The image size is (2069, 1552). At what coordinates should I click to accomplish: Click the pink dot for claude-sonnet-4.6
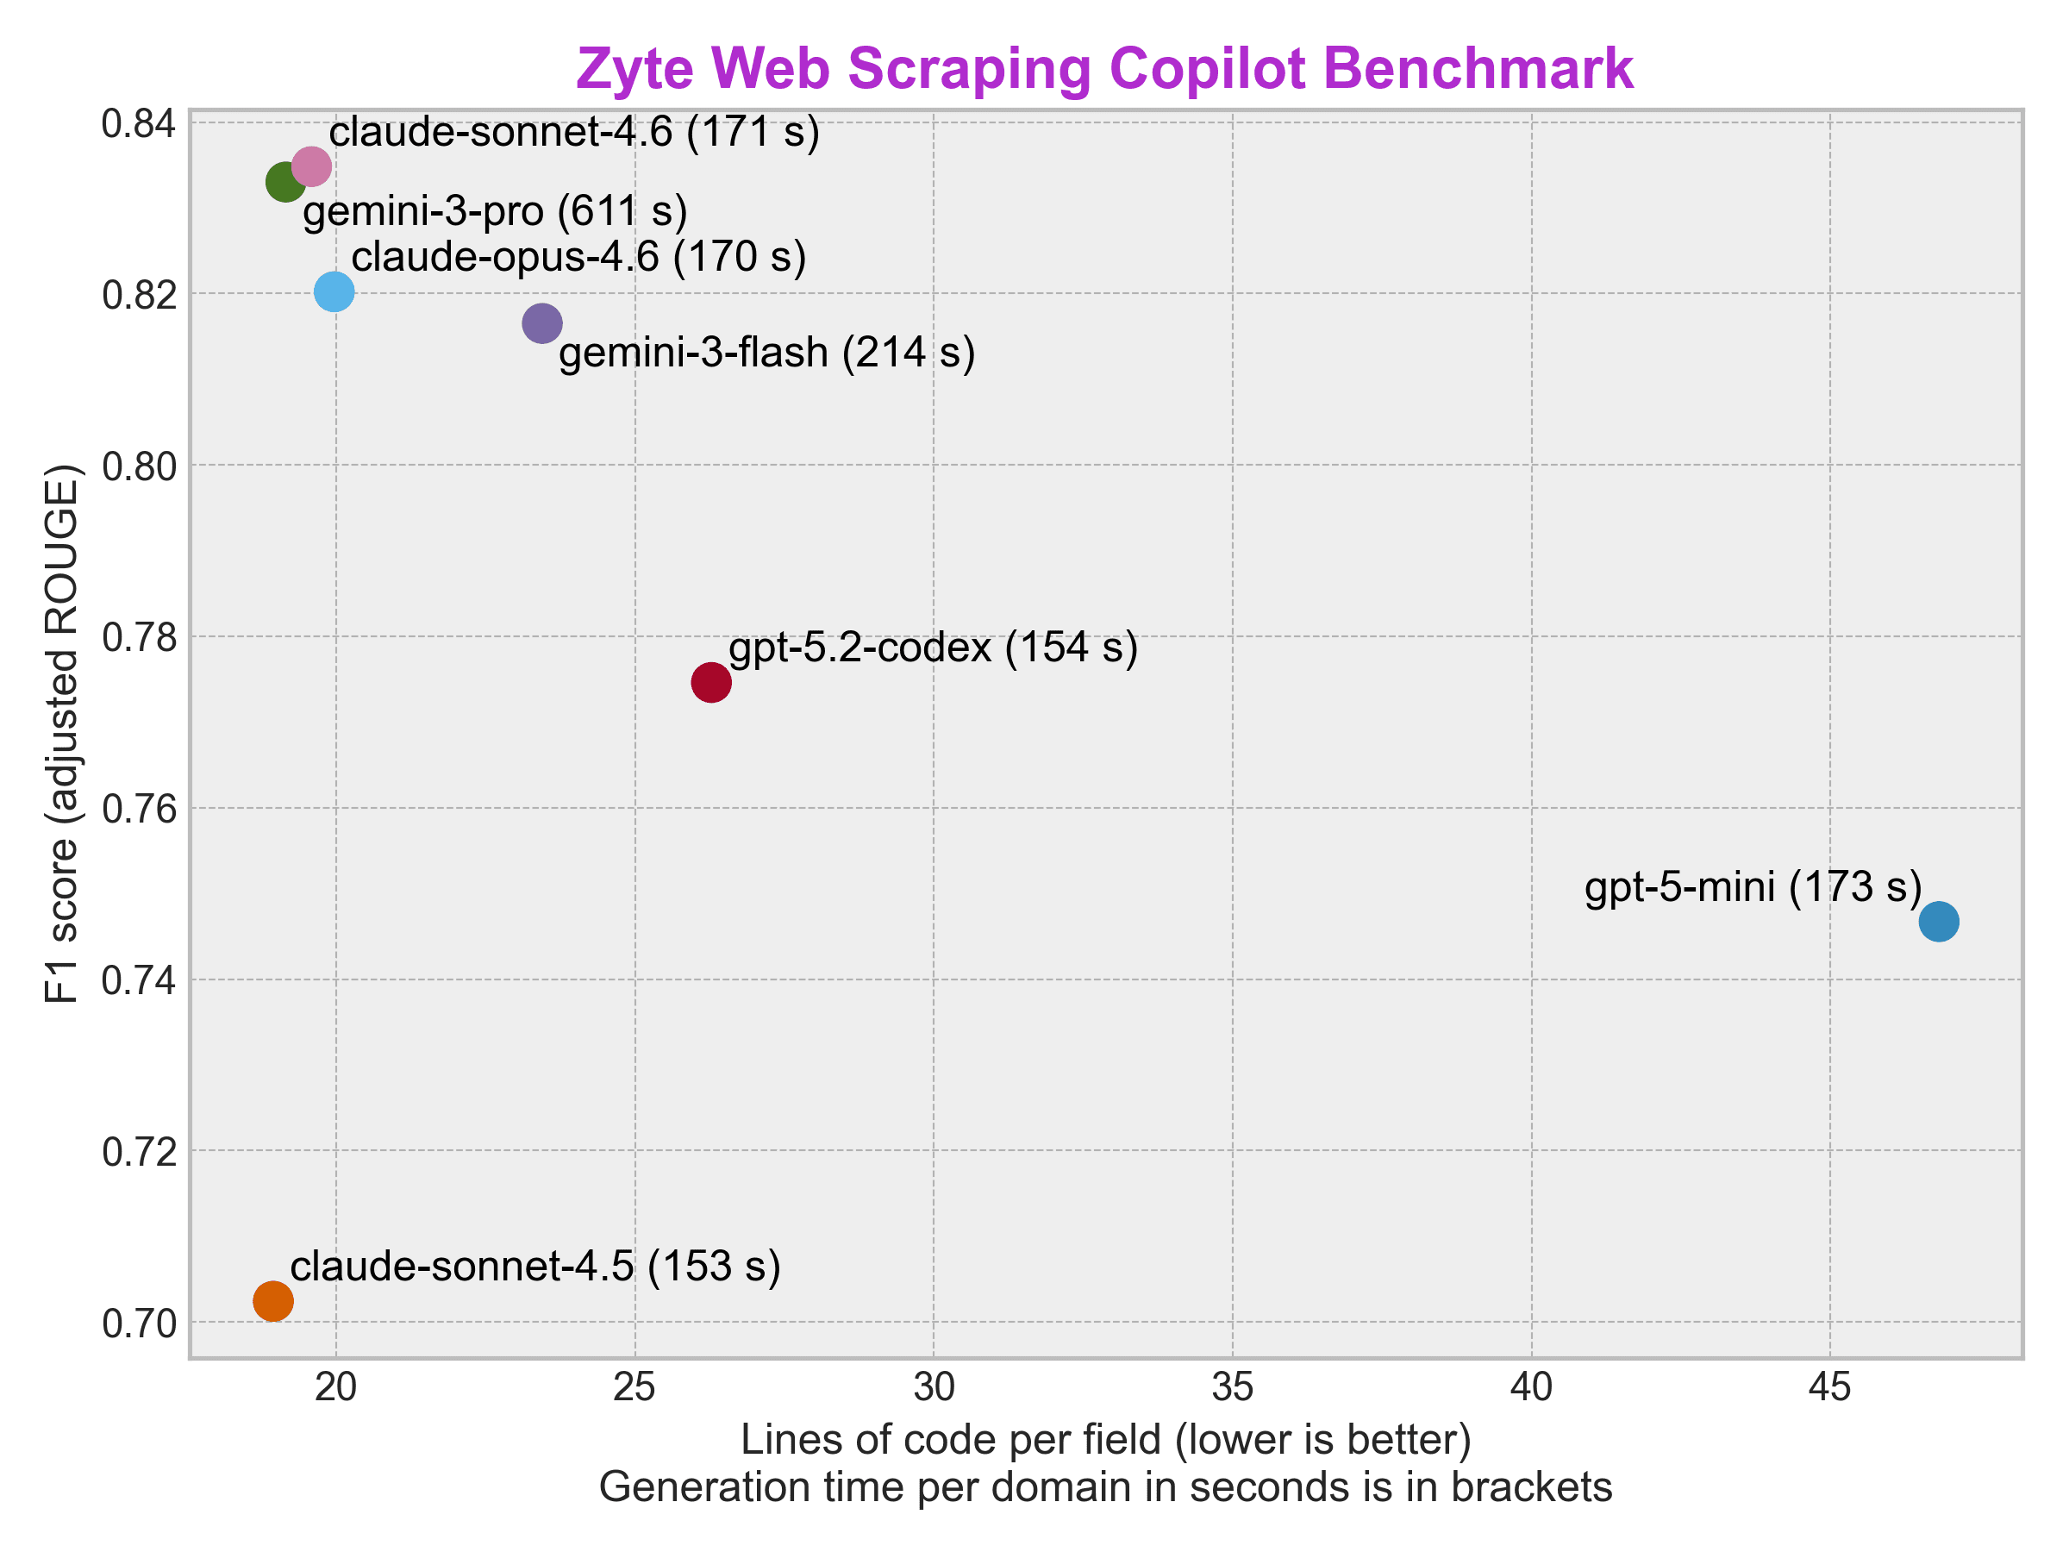(x=311, y=166)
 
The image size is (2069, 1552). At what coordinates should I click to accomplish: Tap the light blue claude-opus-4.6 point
(x=334, y=292)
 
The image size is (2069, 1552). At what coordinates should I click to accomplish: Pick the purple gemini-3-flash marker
(x=541, y=323)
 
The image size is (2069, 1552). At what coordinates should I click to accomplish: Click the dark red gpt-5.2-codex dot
(x=711, y=683)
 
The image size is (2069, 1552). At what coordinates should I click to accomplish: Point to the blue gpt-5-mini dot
(x=1939, y=923)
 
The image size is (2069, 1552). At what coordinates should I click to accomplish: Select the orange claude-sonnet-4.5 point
(x=273, y=1301)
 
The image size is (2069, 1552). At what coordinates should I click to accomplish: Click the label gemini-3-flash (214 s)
(x=767, y=354)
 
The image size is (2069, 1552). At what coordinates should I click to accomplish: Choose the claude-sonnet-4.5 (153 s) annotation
(x=535, y=1267)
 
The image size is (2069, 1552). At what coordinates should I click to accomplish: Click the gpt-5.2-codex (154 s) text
(x=933, y=648)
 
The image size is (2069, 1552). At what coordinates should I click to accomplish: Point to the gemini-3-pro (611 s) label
(x=495, y=211)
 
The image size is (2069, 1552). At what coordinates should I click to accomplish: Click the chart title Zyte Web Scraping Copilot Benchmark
(x=1104, y=69)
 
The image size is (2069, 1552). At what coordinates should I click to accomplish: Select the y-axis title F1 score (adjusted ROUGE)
(x=64, y=734)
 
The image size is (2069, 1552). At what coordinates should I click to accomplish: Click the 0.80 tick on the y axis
(x=140, y=466)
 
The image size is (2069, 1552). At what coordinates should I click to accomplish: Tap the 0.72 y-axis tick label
(x=140, y=1153)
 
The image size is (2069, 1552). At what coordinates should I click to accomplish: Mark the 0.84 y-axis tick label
(x=140, y=123)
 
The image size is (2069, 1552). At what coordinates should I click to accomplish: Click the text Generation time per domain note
(x=1105, y=1487)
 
